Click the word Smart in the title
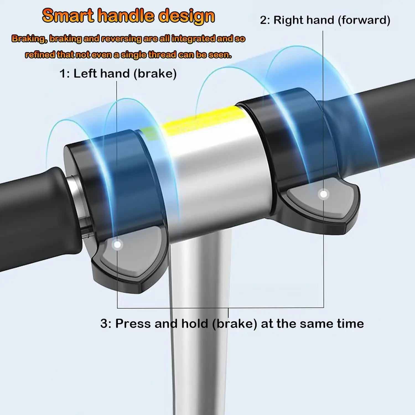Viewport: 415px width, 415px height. point(68,16)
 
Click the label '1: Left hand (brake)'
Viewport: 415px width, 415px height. point(118,74)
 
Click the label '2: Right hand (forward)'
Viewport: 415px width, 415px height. point(325,20)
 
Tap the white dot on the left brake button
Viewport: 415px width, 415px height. point(118,245)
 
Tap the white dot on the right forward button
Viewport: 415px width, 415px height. point(323,194)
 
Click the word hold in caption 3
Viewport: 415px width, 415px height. point(194,323)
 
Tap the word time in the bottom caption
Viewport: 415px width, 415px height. point(350,323)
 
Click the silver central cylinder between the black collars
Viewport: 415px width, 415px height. point(219,172)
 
